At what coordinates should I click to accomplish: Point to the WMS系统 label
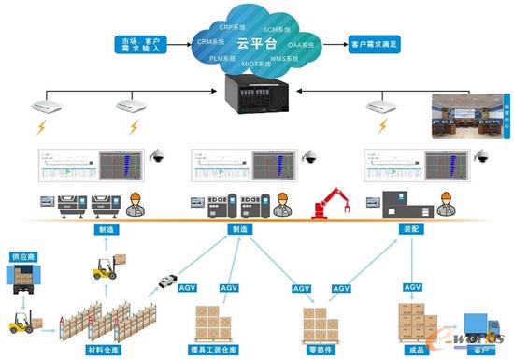(283, 59)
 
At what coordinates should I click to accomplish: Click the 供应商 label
(25, 255)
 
